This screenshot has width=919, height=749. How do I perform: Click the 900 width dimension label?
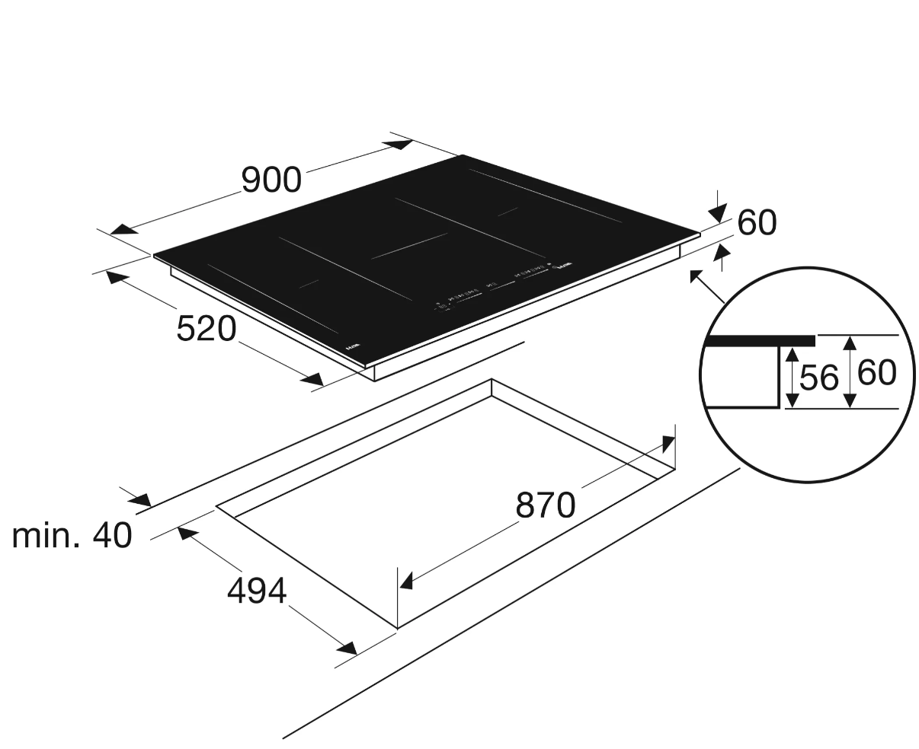click(271, 180)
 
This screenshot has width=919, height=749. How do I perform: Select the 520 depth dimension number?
click(207, 328)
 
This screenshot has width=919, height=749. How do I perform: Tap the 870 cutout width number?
click(545, 505)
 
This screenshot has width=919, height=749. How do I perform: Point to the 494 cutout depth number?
click(257, 590)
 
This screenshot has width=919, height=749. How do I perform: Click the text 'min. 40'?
click(72, 536)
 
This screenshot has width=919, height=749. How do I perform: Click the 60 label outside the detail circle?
click(757, 222)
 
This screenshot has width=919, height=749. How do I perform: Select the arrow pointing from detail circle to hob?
click(706, 285)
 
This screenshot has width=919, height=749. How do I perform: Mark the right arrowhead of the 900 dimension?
click(400, 144)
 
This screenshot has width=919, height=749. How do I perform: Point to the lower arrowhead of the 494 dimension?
click(346, 648)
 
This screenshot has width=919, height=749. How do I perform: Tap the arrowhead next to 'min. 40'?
click(139, 500)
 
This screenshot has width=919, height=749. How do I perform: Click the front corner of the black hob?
click(364, 368)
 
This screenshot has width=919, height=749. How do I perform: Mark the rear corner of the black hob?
click(463, 156)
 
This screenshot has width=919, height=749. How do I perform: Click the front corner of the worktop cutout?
click(397, 628)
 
